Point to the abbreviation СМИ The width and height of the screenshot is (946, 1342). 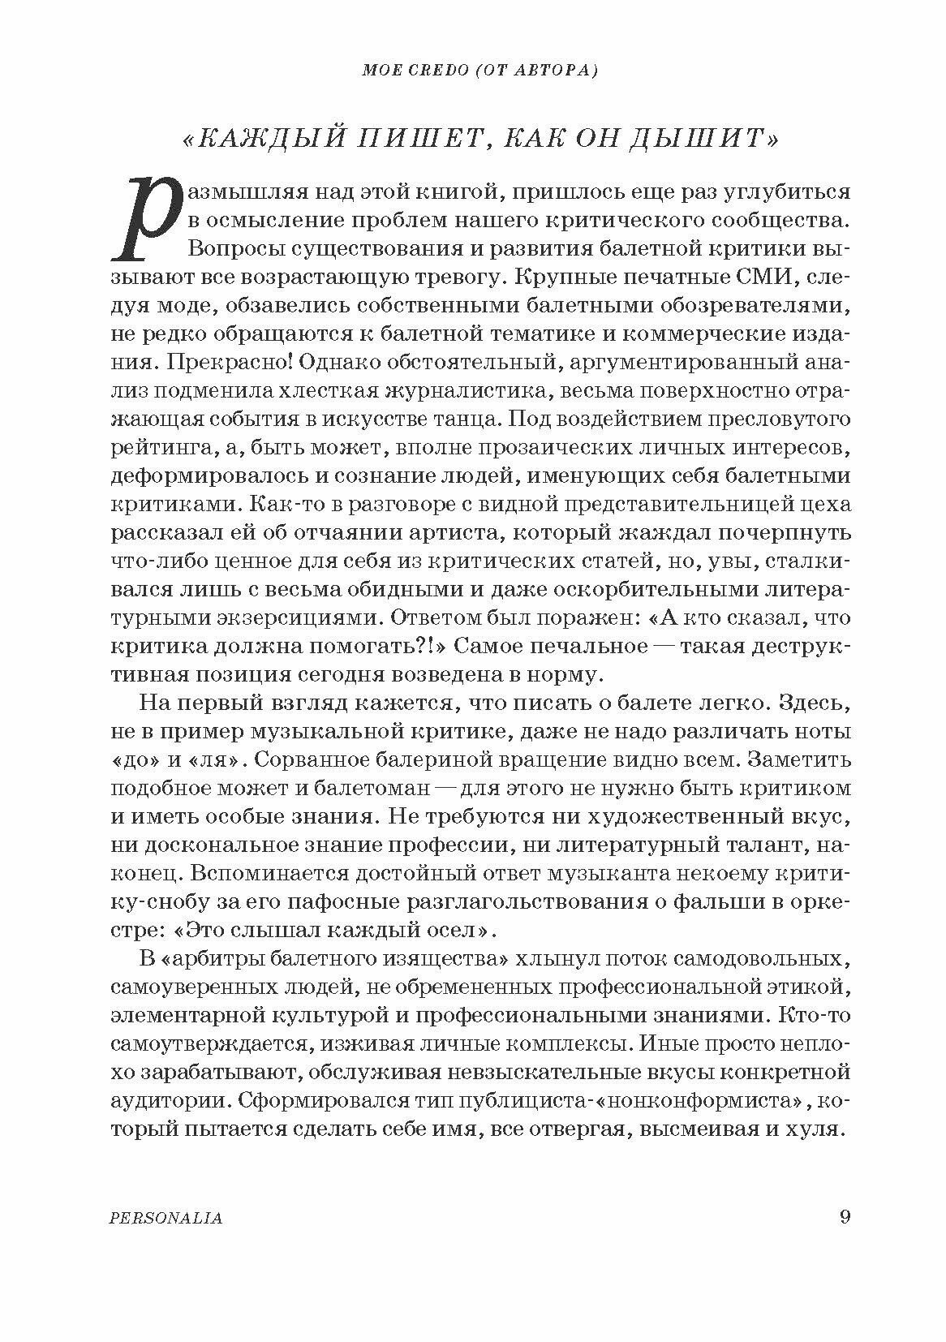[760, 277]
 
